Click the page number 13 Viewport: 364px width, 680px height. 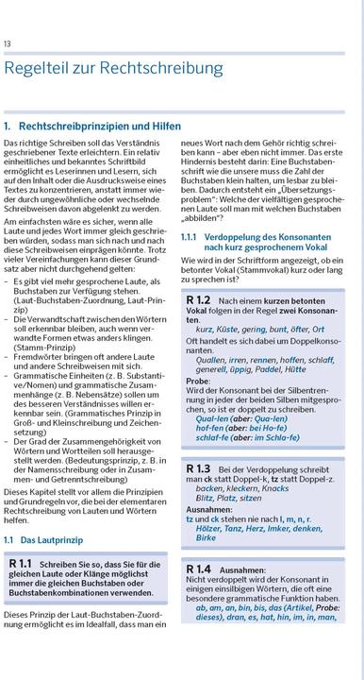click(x=8, y=43)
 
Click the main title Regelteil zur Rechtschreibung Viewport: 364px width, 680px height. click(x=114, y=68)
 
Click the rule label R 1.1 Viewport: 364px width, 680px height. click(x=22, y=564)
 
